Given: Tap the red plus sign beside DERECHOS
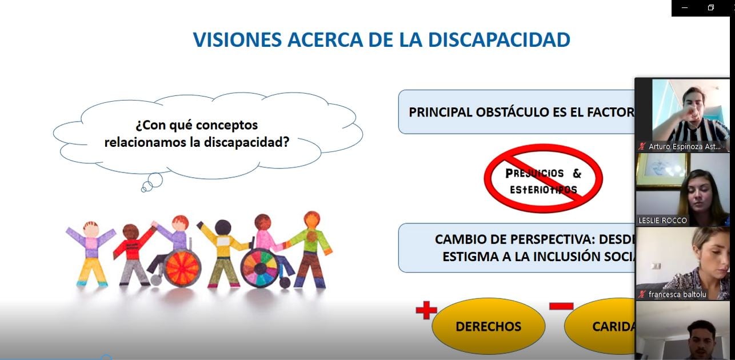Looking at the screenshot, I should tap(426, 311).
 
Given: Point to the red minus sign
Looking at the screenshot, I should tap(561, 306).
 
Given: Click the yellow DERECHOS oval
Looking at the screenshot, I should tap(488, 326).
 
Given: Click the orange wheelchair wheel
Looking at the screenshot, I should tap(182, 267).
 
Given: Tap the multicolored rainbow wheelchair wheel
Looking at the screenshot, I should tap(260, 267).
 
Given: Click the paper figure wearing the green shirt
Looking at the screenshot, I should tap(310, 249).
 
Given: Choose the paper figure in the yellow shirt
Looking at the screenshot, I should tap(223, 251).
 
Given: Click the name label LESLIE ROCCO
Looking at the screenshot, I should tap(662, 221).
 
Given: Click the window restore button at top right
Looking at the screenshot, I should tap(711, 7).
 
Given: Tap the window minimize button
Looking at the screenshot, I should tap(685, 8).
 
